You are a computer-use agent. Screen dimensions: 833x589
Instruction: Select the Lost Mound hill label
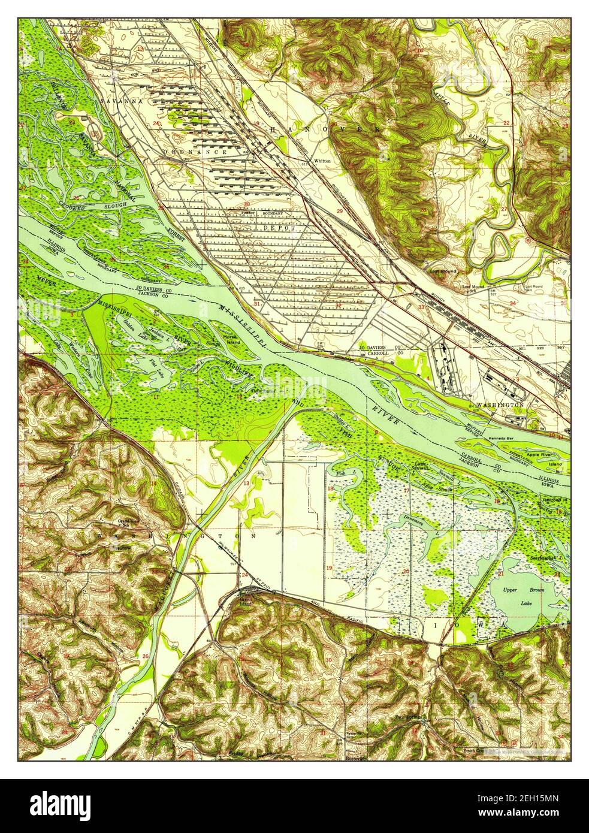[443, 271]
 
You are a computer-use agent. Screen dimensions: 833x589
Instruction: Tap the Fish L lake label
[342, 475]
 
